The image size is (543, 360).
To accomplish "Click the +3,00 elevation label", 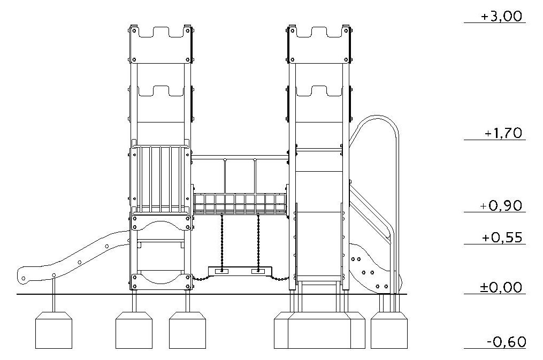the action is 501,16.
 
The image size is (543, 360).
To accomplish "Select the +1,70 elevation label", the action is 503,133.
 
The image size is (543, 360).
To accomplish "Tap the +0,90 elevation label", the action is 501,205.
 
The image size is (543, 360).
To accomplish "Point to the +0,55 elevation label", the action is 502,238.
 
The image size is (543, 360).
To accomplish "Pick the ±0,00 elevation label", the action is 501,287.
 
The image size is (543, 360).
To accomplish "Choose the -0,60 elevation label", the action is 506,342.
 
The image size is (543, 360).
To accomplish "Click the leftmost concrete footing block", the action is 53,330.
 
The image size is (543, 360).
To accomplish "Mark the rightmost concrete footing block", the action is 389,330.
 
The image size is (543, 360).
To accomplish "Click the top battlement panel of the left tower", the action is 161,44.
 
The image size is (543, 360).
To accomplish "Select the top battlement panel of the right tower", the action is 319,44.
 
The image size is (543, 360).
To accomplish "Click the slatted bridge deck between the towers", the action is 240,204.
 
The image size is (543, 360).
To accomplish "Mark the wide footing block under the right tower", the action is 319,330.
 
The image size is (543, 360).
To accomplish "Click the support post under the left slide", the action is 53,295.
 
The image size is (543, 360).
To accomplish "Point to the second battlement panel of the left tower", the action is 161,104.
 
